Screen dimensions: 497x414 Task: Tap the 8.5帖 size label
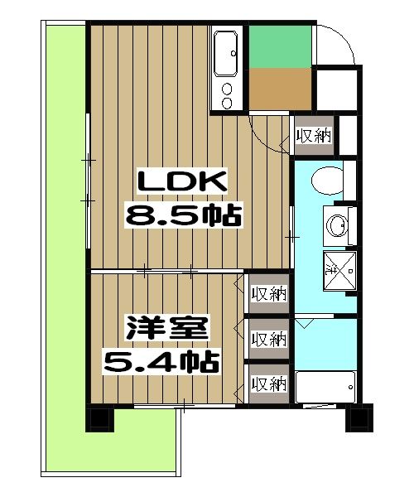coord(182,217)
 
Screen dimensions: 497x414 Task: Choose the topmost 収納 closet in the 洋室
coord(268,293)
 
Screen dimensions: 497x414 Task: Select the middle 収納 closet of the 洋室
coord(268,339)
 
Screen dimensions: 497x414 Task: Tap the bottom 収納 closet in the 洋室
coord(268,384)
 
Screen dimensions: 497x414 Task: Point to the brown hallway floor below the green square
coord(279,91)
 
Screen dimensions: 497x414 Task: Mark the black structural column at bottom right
coord(358,416)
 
